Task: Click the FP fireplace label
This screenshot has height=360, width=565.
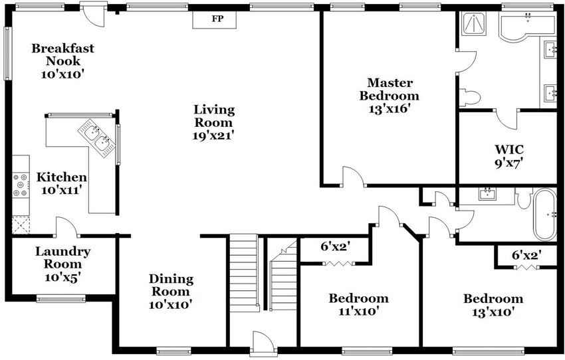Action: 217,19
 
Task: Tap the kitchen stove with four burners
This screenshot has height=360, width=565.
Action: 21,185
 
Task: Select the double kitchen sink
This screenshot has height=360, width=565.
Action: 97,138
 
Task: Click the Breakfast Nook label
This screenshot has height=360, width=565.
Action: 62,54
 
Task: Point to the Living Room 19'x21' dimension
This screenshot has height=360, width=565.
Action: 214,135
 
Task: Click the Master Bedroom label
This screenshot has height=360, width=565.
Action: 390,89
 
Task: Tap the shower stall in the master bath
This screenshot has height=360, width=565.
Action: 473,23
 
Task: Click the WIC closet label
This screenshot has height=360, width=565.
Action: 509,149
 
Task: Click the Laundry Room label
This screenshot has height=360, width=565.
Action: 62,258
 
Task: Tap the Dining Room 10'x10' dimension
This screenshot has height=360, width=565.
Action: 170,305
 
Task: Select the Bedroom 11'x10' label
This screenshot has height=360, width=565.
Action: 358,305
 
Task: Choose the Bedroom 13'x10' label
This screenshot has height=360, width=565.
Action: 493,305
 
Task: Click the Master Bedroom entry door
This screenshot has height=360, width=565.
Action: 354,177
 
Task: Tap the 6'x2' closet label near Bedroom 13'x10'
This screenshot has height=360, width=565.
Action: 527,255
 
